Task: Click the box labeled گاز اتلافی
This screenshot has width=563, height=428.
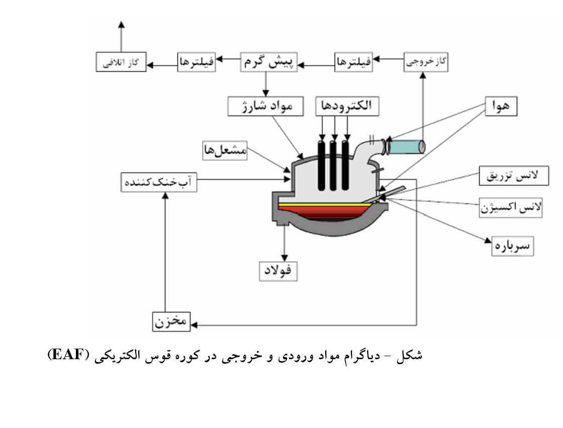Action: coord(121,62)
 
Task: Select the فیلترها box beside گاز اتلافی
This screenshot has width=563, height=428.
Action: coord(197,62)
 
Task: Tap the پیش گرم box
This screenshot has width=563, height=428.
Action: coord(268,62)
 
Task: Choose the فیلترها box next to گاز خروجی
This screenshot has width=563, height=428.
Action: coord(353,62)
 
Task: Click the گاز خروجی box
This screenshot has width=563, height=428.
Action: coord(426,62)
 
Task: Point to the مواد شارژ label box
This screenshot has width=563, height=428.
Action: coord(265,106)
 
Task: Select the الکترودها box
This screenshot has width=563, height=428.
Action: coord(347,106)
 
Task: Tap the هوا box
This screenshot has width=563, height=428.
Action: coord(501,106)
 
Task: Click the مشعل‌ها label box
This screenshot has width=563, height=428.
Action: coord(225,150)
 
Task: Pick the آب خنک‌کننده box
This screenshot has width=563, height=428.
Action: coord(159,182)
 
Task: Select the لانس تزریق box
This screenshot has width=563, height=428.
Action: coord(514,176)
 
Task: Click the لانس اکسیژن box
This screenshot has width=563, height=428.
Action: coord(511,207)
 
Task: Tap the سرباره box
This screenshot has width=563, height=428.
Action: coord(512,246)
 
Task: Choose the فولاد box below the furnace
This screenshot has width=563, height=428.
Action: coord(278,271)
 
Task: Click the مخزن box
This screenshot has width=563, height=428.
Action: coord(171,322)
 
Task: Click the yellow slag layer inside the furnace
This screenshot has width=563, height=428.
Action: coord(325,204)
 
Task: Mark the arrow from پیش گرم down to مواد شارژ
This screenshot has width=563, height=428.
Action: coord(266,84)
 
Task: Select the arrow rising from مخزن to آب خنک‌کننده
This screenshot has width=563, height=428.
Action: coord(165,252)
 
